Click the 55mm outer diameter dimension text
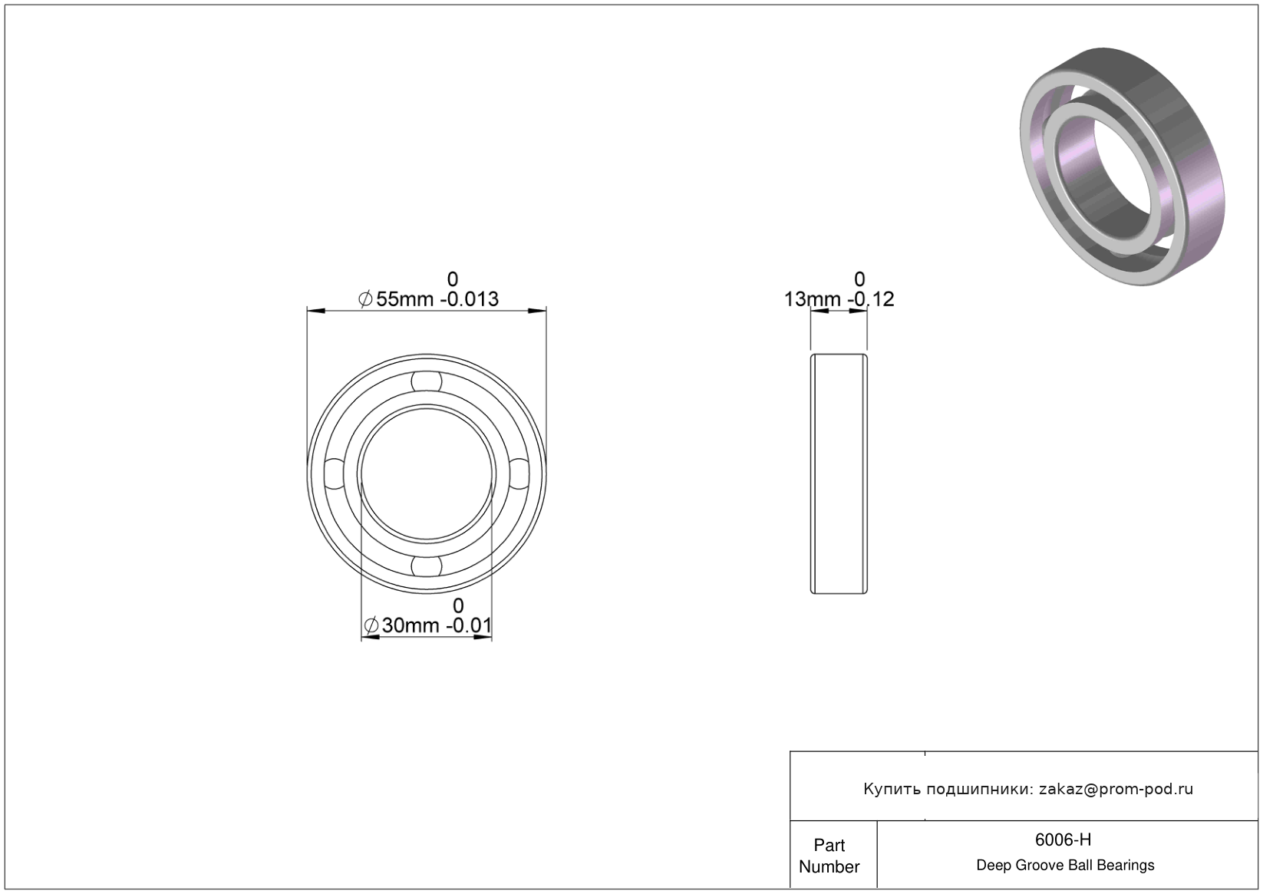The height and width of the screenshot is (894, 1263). click(405, 299)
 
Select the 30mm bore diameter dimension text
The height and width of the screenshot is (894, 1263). click(411, 625)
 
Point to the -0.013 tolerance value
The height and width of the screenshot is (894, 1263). click(469, 299)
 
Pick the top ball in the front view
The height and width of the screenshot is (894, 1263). click(427, 381)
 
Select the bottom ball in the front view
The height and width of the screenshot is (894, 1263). click(427, 566)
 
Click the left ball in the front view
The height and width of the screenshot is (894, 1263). click(335, 473)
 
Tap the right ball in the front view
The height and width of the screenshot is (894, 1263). click(519, 473)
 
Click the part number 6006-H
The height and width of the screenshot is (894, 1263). click(1063, 840)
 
